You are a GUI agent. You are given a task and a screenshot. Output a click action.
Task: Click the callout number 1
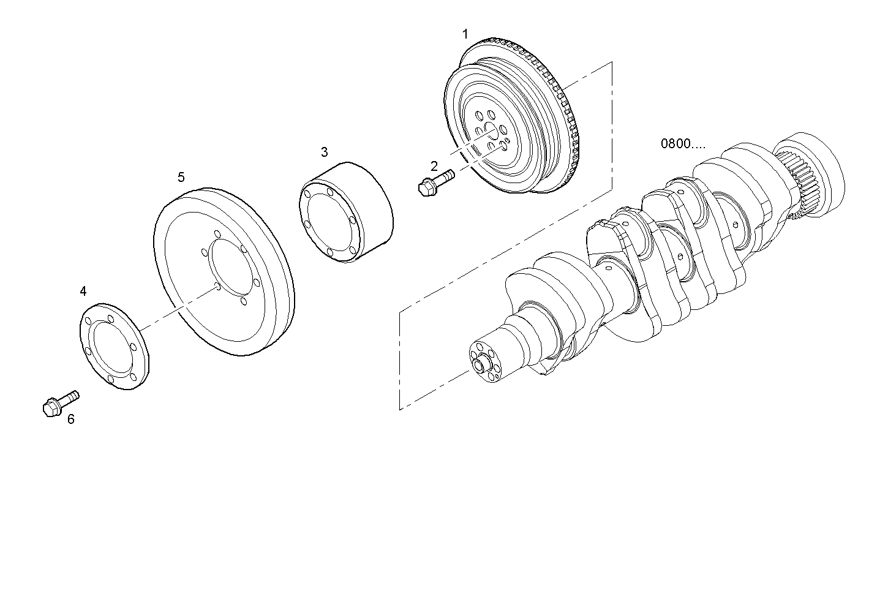pos(465,34)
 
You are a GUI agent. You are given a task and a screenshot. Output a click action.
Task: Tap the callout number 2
pos(434,166)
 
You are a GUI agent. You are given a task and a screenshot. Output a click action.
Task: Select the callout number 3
pos(324,151)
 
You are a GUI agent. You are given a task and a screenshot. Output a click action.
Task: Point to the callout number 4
pos(83,291)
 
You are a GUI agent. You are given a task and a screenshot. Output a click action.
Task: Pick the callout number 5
pos(181,177)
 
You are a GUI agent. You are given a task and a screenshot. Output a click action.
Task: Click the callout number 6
pos(70,419)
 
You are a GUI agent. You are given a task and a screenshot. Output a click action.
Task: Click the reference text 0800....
pos(682,144)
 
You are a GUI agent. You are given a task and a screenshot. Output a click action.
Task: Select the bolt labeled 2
pos(435,183)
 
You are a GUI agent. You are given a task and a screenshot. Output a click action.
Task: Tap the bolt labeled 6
pos(61,403)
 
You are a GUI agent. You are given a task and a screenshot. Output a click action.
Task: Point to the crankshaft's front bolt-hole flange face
pos(484,364)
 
